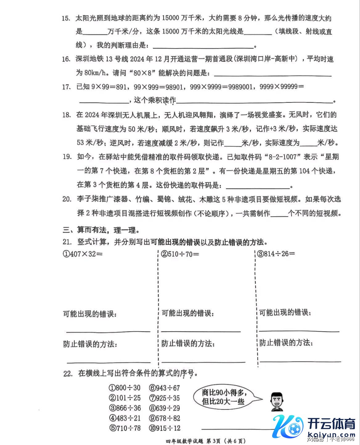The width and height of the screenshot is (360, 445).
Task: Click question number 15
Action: click(x=66, y=18)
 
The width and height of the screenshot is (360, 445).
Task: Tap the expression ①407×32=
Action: click(x=82, y=254)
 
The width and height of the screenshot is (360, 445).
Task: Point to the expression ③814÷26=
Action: click(x=276, y=254)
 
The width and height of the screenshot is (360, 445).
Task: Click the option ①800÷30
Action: click(x=124, y=388)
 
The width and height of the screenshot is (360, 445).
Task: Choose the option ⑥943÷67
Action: click(x=164, y=388)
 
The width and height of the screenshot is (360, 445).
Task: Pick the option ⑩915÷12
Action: click(x=164, y=428)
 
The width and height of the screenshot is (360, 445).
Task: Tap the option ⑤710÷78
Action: click(x=124, y=428)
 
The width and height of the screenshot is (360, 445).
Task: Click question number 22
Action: click(x=67, y=374)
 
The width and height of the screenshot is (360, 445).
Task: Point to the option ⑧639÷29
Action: click(x=164, y=408)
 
